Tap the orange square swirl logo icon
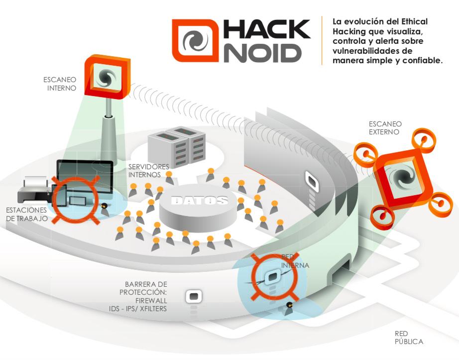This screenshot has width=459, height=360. [x=195, y=41]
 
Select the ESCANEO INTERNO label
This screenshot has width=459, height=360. [x=59, y=84]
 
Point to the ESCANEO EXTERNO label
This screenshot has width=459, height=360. [x=385, y=127]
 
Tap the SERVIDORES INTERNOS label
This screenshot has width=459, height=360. [x=148, y=170]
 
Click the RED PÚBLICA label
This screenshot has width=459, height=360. [x=409, y=337]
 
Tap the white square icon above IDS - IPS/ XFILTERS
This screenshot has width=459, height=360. [x=194, y=297]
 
